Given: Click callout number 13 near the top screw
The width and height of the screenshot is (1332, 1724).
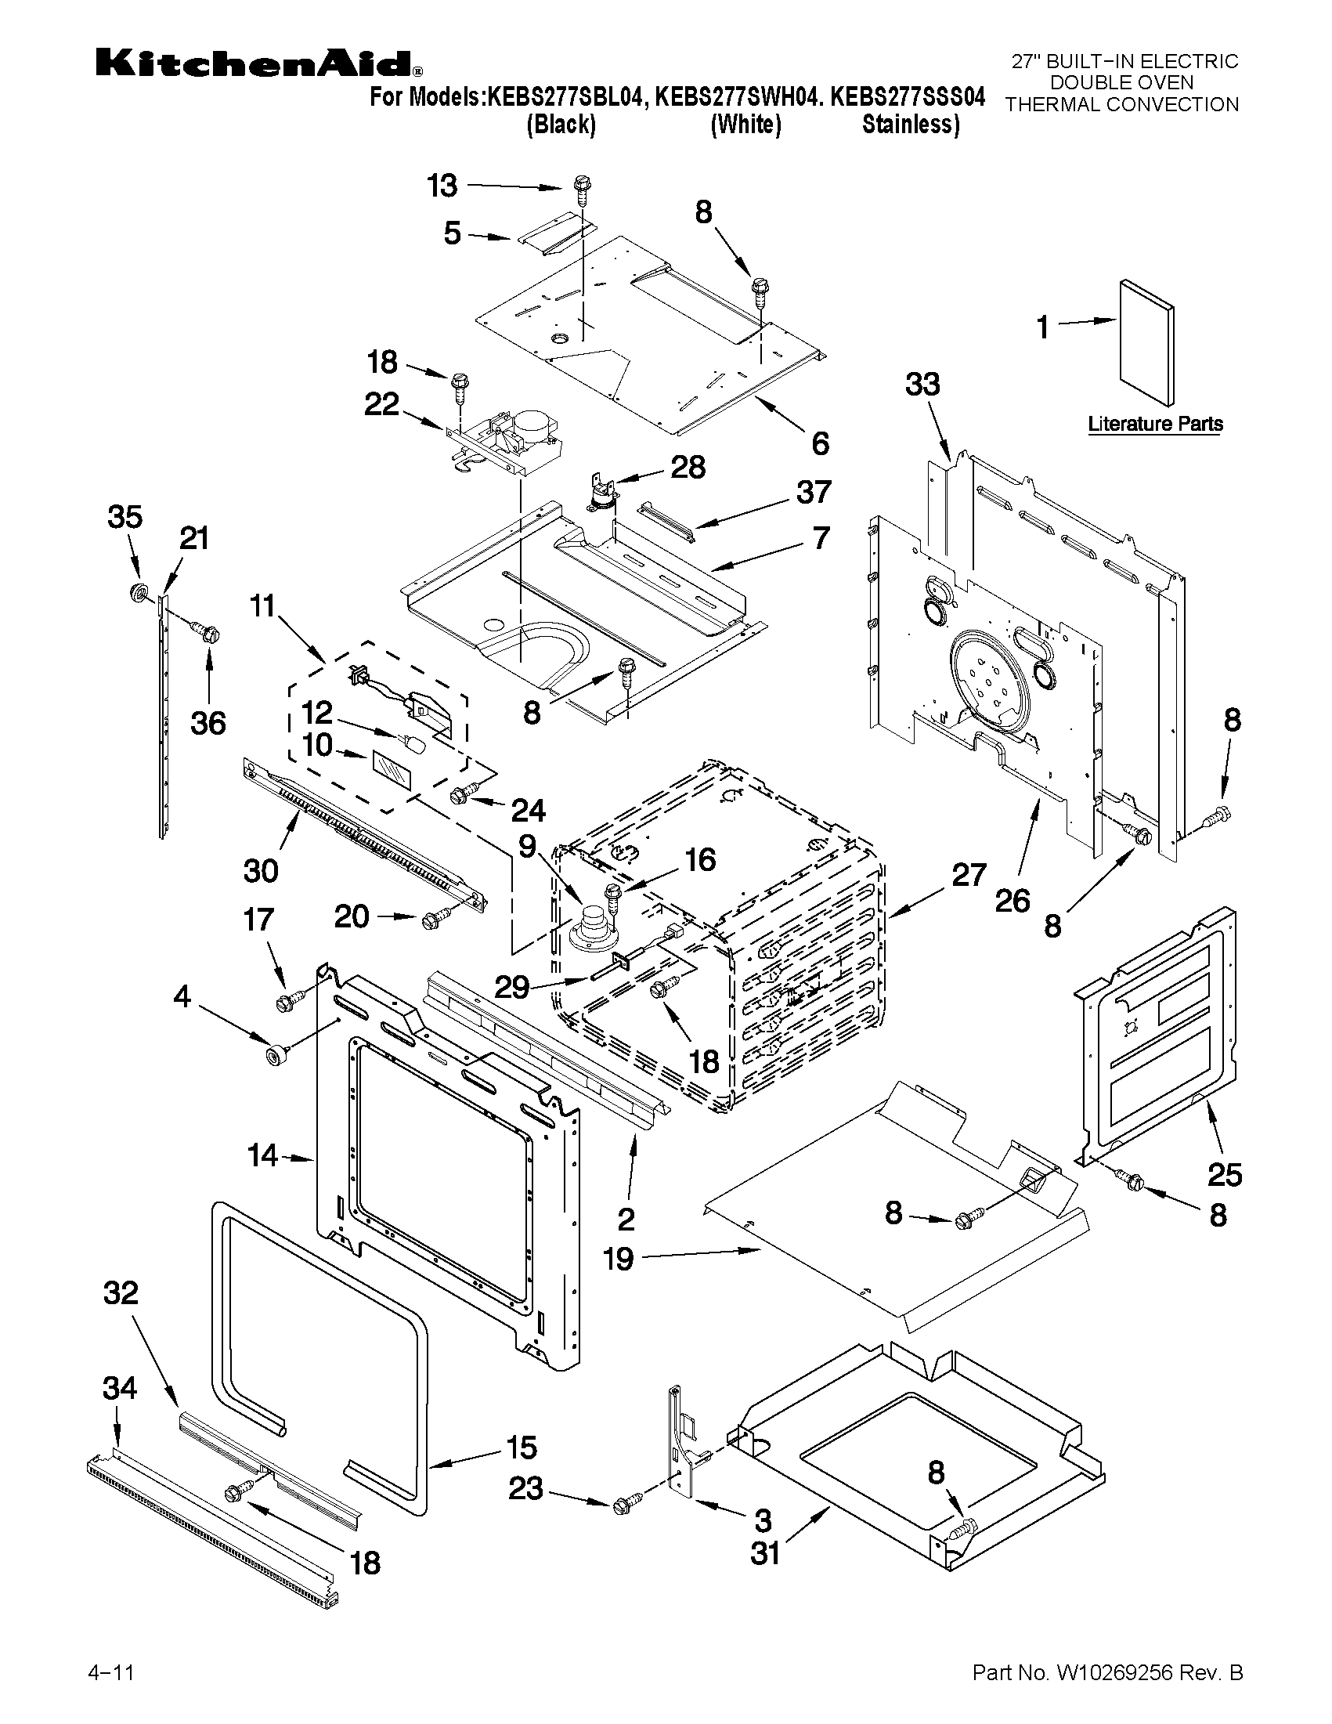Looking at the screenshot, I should click(442, 186).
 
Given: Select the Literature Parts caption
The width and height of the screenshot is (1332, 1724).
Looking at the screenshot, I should click(1155, 424).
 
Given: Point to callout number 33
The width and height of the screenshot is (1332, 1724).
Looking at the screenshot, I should click(922, 385).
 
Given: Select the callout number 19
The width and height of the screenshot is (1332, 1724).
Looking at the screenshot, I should click(619, 1258).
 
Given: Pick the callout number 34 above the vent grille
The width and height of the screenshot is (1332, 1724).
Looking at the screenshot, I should click(119, 1388).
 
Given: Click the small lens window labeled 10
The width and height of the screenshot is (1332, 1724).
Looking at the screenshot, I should click(392, 768).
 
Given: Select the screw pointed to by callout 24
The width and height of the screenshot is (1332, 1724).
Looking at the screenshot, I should click(463, 794).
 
